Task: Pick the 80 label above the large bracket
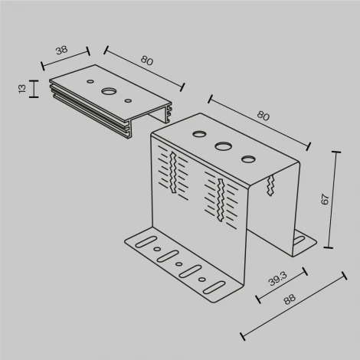click(263, 116)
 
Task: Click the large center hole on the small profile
click(109, 92)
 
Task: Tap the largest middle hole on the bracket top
click(224, 145)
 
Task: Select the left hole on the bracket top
click(200, 135)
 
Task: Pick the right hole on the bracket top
click(248, 159)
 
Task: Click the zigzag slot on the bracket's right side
click(271, 185)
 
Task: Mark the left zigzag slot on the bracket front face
click(175, 173)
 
